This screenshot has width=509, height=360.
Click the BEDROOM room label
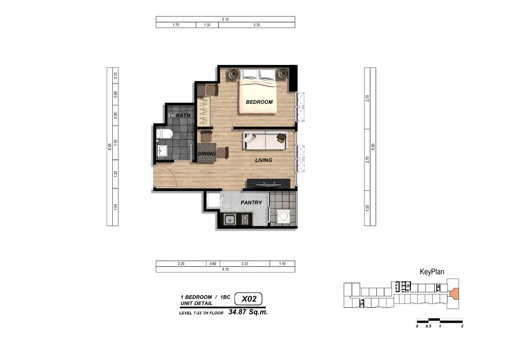259,102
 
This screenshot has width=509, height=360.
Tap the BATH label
183,115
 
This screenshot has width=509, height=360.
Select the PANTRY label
251,202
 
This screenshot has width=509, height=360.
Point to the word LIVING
263,160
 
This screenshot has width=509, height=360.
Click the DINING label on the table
207,154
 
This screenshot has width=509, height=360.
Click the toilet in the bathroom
164,134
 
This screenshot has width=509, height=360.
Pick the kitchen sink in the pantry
230,219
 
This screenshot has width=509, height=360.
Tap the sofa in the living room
266,141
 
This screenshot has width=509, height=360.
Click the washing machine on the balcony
283,216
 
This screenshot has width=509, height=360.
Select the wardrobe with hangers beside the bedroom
204,111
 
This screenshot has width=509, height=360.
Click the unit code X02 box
249,299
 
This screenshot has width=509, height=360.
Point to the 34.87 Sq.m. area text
248,312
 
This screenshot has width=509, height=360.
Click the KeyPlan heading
432,272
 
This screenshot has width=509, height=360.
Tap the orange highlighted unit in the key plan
454,294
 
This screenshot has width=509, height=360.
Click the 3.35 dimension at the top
257,25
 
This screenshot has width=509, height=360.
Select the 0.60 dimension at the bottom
213,264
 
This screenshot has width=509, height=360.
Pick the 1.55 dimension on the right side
367,208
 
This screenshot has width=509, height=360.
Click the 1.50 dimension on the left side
116,143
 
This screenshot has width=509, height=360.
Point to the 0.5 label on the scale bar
428,326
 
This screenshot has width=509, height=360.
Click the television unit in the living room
268,183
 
